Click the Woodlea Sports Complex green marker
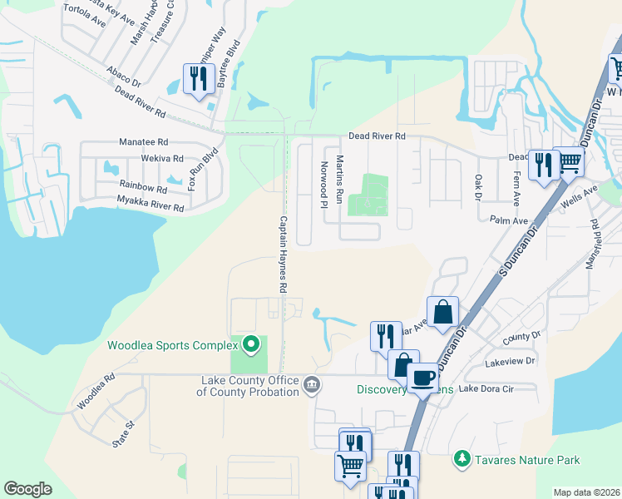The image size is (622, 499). click(249, 344)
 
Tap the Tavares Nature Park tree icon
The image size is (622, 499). click(462, 458)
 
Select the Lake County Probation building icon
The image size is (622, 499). click(312, 383)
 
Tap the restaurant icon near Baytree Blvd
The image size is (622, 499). click(198, 79)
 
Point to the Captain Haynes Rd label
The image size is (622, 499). click(283, 254)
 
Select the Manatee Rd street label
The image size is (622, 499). click(144, 142)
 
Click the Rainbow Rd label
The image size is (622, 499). click(143, 185)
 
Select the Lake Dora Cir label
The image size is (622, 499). click(486, 388)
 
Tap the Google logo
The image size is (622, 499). click(27, 489)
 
